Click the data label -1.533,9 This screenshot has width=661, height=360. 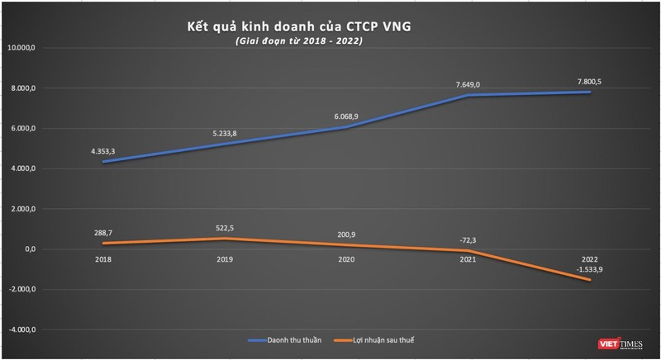588,268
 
